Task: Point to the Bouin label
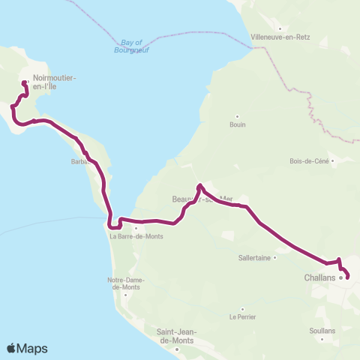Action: pyautogui.click(x=237, y=124)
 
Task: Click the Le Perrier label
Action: pyautogui.click(x=242, y=316)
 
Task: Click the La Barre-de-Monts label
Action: pyautogui.click(x=136, y=236)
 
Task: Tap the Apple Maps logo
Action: pyautogui.click(x=27, y=348)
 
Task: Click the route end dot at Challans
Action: pyautogui.click(x=347, y=277)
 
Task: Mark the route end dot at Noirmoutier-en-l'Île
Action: pyautogui.click(x=25, y=83)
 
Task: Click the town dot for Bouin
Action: pyautogui.click(x=237, y=116)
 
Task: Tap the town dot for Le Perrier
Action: pyautogui.click(x=242, y=308)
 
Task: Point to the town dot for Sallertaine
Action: pyautogui.click(x=276, y=256)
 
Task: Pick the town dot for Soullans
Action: pyautogui.click(x=322, y=321)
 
